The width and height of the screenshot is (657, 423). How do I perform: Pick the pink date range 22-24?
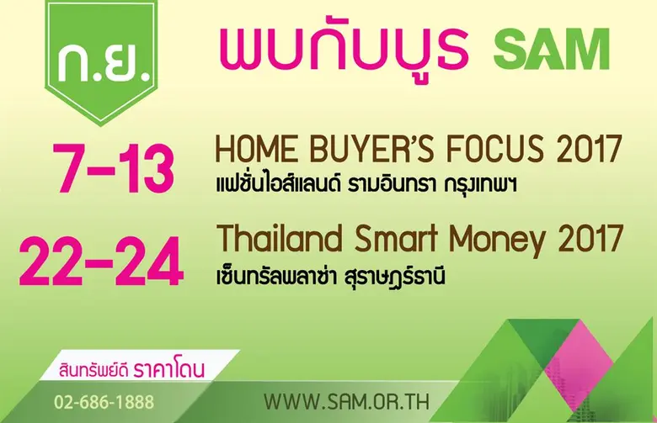click(101, 262)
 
